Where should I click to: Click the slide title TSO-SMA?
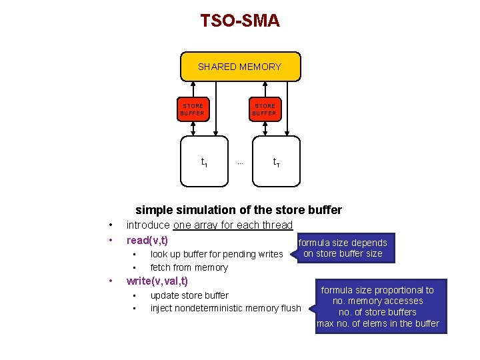tap(240, 21)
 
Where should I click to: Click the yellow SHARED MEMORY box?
tap(240, 67)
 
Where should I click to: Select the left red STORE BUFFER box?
tap(193, 109)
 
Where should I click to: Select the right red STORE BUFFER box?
tap(265, 109)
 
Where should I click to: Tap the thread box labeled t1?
tap(204, 161)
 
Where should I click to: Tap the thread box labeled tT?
tap(276, 161)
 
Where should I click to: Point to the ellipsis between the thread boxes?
tap(240, 162)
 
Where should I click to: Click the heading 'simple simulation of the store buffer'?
tap(239, 210)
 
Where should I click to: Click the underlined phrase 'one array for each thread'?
tap(233, 225)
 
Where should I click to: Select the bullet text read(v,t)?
tap(147, 240)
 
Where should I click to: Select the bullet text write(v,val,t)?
tap(157, 281)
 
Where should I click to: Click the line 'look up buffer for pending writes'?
tap(217, 254)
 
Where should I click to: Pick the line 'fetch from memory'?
tap(189, 267)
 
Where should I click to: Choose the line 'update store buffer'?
tap(189, 295)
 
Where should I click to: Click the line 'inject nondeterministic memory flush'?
tap(225, 308)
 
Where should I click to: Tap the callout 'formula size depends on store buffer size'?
tap(343, 248)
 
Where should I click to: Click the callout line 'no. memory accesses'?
tap(377, 301)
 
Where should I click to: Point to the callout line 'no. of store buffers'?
tap(377, 312)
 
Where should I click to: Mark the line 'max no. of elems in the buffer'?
tap(377, 323)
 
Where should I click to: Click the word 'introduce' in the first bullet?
tap(148, 225)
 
